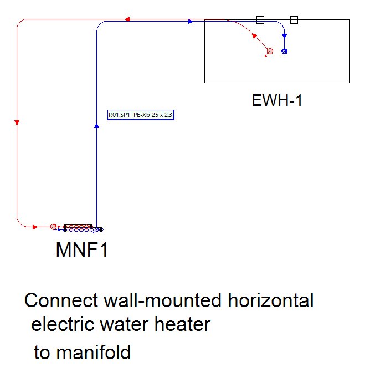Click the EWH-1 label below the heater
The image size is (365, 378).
pos(277,101)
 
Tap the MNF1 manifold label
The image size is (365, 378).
pos(81,250)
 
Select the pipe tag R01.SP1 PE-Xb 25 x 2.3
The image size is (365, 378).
pos(141,115)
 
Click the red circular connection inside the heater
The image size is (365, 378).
pos(270,52)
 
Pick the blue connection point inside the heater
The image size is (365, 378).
pos(285,52)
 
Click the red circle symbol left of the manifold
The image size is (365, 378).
pos(53,226)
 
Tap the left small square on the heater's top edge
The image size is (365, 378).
pos(260,20)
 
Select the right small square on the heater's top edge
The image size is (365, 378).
pos(294,20)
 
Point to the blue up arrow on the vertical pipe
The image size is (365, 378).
pos(96,126)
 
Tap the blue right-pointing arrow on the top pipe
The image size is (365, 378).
pos(190,22)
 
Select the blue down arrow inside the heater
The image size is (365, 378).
pos(284,37)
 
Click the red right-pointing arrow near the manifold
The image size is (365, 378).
pos(35,226)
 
